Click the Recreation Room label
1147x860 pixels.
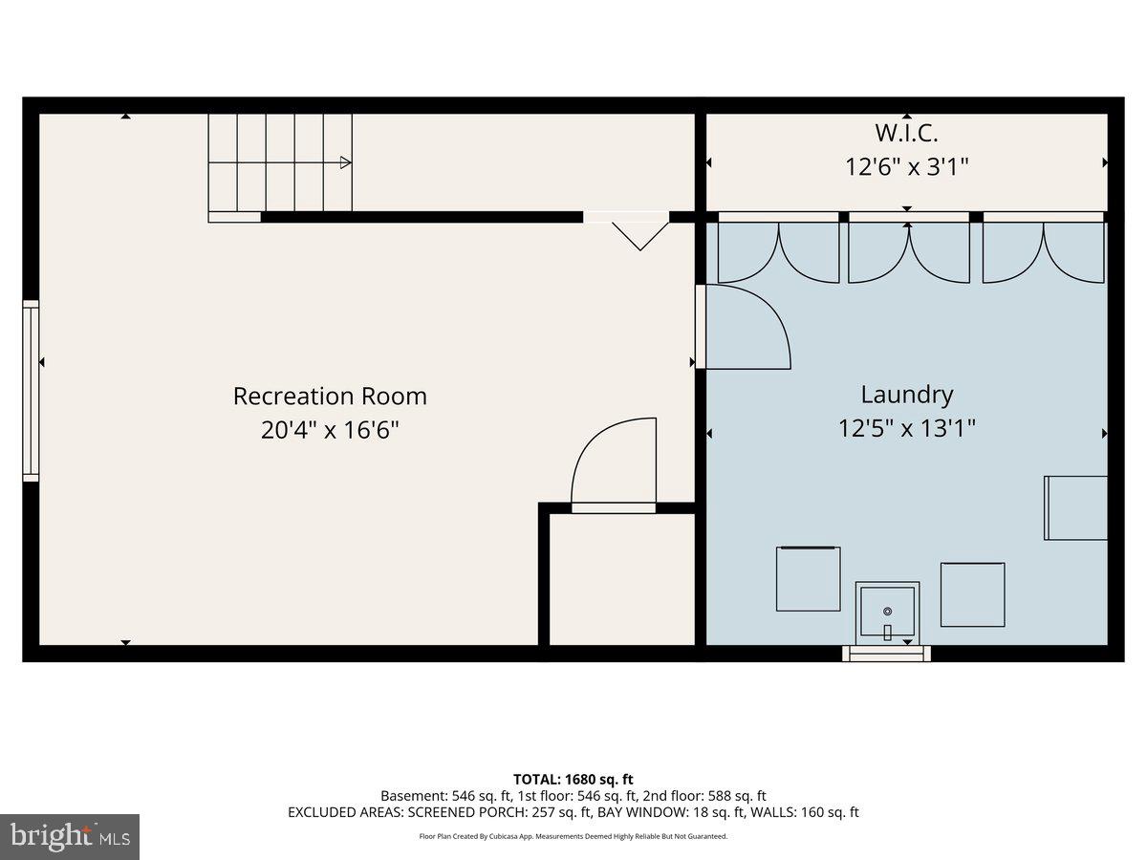tap(330, 396)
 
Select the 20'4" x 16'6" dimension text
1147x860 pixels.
tap(330, 430)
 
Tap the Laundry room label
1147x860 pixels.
tap(906, 394)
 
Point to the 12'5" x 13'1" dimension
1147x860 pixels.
tap(906, 428)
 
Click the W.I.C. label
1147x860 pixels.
tap(906, 133)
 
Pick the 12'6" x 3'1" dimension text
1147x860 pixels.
tap(906, 167)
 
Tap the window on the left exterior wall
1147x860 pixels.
tap(31, 390)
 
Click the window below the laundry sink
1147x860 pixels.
tap(886, 654)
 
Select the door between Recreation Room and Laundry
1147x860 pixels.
tap(742, 327)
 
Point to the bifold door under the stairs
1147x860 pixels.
tap(638, 229)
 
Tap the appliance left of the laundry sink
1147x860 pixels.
tap(808, 578)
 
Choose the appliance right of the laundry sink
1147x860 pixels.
tap(972, 594)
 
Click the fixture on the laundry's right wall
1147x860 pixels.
tap(1076, 507)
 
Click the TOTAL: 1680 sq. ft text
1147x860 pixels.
tap(573, 780)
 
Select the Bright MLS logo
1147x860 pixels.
tap(70, 837)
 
